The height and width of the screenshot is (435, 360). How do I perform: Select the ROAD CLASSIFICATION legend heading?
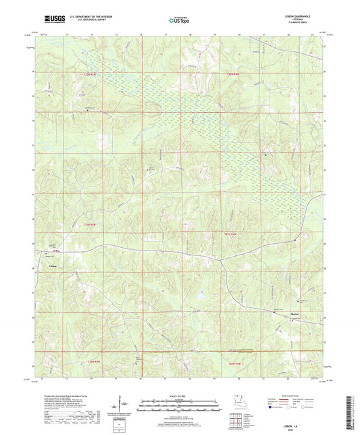(298, 395)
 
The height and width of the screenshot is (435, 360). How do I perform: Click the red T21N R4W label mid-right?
(231, 233)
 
